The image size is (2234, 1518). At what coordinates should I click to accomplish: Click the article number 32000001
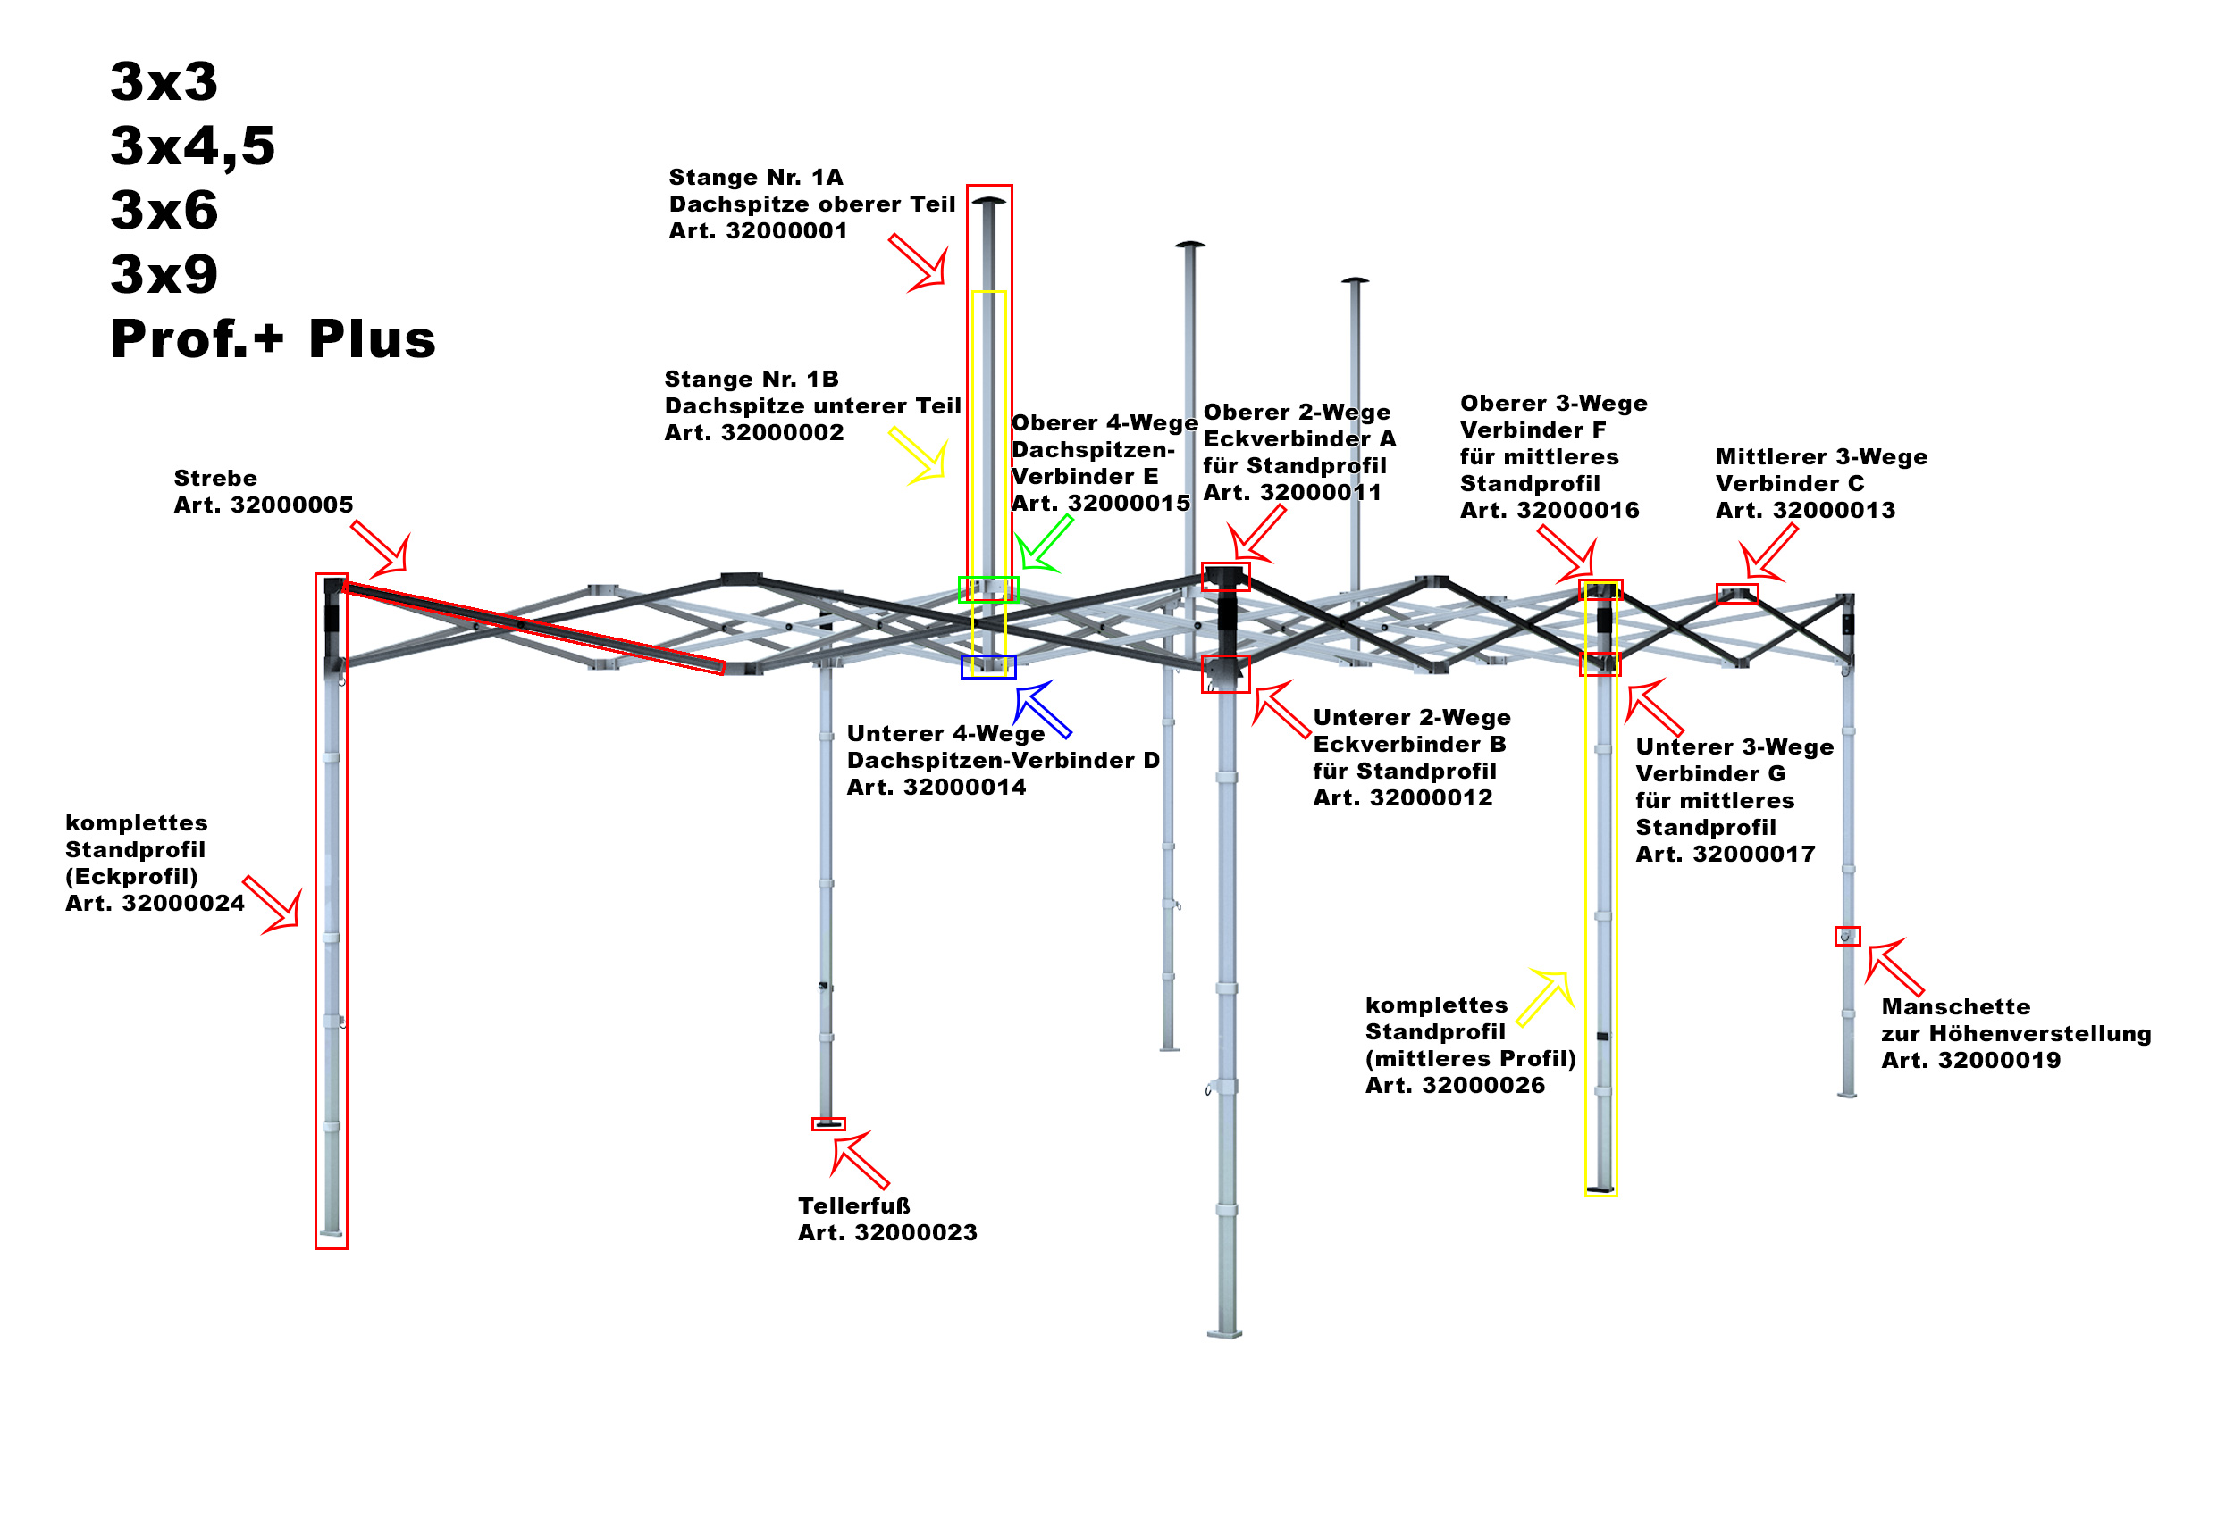(x=785, y=231)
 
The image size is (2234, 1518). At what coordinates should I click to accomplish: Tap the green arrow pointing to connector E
(x=1044, y=544)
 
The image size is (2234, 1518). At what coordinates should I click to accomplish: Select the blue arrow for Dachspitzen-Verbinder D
(x=1042, y=708)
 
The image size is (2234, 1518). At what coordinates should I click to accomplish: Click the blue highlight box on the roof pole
(x=987, y=667)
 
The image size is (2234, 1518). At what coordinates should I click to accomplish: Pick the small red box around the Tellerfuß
(x=827, y=1124)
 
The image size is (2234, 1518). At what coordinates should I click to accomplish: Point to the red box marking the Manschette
(x=1846, y=936)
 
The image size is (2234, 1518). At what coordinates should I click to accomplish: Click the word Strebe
(x=215, y=479)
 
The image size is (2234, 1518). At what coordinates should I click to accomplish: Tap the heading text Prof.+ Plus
(x=273, y=339)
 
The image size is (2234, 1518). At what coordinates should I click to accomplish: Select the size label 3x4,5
(x=192, y=146)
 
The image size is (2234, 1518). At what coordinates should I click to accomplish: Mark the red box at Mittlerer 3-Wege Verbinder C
(x=1737, y=594)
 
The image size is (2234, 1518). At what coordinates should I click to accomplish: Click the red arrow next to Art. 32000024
(x=274, y=905)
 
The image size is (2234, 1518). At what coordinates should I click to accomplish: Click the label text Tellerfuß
(x=853, y=1205)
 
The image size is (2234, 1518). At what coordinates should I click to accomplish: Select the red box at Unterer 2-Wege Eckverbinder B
(x=1226, y=674)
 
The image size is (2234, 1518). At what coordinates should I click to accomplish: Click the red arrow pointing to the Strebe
(x=382, y=549)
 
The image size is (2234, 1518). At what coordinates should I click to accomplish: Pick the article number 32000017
(x=1753, y=855)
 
